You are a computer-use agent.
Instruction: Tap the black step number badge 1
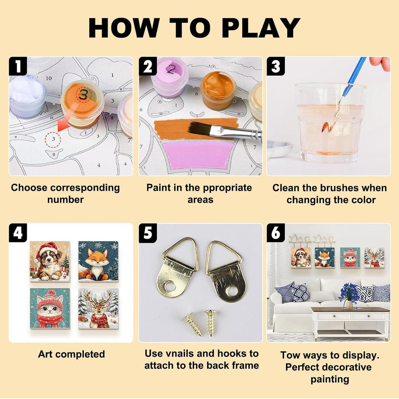pyautogui.click(x=18, y=66)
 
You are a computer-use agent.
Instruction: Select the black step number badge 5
pyautogui.click(x=148, y=233)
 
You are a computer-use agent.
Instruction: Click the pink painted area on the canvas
pyautogui.click(x=198, y=155)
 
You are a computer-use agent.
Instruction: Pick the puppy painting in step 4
pyautogui.click(x=50, y=261)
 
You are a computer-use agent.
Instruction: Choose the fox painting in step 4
pyautogui.click(x=98, y=261)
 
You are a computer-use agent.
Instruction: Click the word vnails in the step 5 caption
pyautogui.click(x=179, y=353)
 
